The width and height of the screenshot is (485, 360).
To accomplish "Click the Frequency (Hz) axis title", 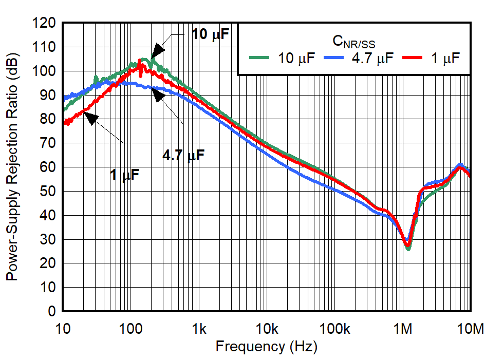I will point(266,347).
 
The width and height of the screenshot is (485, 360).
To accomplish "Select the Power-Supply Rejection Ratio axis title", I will point(11,167).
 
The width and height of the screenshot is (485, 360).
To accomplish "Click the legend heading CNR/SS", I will point(354,42).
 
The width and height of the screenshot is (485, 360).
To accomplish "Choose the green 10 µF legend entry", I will point(283,58).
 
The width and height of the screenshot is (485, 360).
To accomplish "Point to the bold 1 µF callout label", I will point(124,175).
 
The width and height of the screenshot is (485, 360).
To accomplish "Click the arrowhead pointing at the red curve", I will point(91,118).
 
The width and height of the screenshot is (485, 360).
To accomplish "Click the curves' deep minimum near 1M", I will point(408,247).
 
